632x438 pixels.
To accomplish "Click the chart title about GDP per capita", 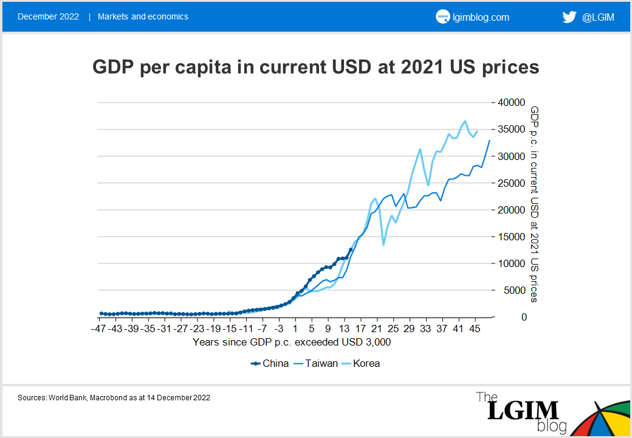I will click(x=315, y=67).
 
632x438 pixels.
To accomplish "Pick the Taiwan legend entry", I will click(x=315, y=364).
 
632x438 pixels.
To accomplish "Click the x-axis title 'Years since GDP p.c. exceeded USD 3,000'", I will click(x=292, y=342).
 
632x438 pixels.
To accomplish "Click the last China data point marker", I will click(x=350, y=250).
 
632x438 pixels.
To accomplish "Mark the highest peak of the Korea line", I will click(x=465, y=121).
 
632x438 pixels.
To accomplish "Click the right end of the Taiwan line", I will click(x=490, y=141).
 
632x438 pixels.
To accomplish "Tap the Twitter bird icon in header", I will click(x=569, y=17).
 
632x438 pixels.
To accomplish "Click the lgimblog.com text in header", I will click(x=481, y=17).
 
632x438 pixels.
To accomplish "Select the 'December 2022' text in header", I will click(x=48, y=17).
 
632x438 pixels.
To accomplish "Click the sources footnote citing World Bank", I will click(x=114, y=397).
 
